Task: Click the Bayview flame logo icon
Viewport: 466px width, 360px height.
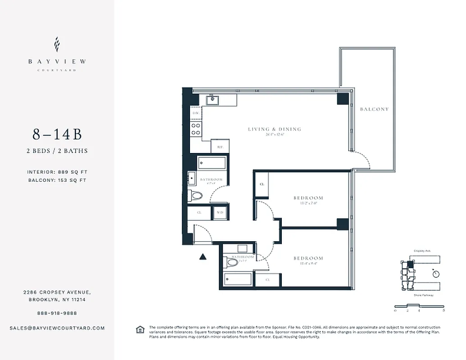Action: (x=57, y=45)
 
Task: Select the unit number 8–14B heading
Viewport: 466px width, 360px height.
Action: (x=57, y=135)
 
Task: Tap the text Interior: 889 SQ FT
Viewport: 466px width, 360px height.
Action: (x=57, y=172)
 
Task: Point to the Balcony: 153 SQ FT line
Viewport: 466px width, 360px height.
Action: (x=57, y=180)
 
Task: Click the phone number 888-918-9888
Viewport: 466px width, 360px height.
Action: (x=57, y=313)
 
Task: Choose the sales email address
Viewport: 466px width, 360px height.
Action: (x=57, y=328)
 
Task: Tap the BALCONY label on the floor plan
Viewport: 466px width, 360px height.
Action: (x=374, y=109)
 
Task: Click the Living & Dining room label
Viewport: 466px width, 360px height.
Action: (x=275, y=129)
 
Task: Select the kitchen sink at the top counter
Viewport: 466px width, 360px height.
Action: (x=213, y=100)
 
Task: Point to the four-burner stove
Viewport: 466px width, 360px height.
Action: (x=196, y=130)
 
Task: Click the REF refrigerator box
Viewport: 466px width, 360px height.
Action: (x=220, y=147)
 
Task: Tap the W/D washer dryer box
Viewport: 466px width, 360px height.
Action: (x=220, y=212)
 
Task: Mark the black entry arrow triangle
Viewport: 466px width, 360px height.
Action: (x=203, y=257)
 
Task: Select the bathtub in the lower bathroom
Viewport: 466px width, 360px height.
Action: (x=237, y=279)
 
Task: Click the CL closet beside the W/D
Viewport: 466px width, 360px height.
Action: (x=199, y=212)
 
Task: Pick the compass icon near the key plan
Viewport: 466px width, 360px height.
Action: (x=435, y=274)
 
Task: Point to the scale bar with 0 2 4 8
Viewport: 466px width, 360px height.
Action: (x=419, y=307)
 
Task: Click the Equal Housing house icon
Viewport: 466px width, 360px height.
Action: (x=140, y=329)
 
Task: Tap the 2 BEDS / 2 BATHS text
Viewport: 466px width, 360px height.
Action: (x=57, y=151)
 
